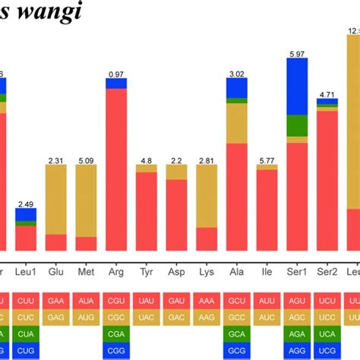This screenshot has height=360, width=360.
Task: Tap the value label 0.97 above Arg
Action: coord(116,73)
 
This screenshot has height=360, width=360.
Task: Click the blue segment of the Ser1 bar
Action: coord(297,86)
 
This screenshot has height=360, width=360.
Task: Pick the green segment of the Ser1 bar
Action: coord(297,125)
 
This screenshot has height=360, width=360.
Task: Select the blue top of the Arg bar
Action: coord(116,84)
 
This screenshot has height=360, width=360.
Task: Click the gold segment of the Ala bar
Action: coord(237,123)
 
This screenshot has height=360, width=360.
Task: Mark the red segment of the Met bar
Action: coord(87,243)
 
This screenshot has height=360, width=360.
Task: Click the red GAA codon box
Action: coord(56,301)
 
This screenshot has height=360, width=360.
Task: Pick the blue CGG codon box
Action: coord(116,350)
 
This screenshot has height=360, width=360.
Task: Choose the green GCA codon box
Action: coord(237,333)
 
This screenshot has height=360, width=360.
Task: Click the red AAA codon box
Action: coord(207,301)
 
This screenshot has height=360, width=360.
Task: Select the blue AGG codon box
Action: coord(297,350)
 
